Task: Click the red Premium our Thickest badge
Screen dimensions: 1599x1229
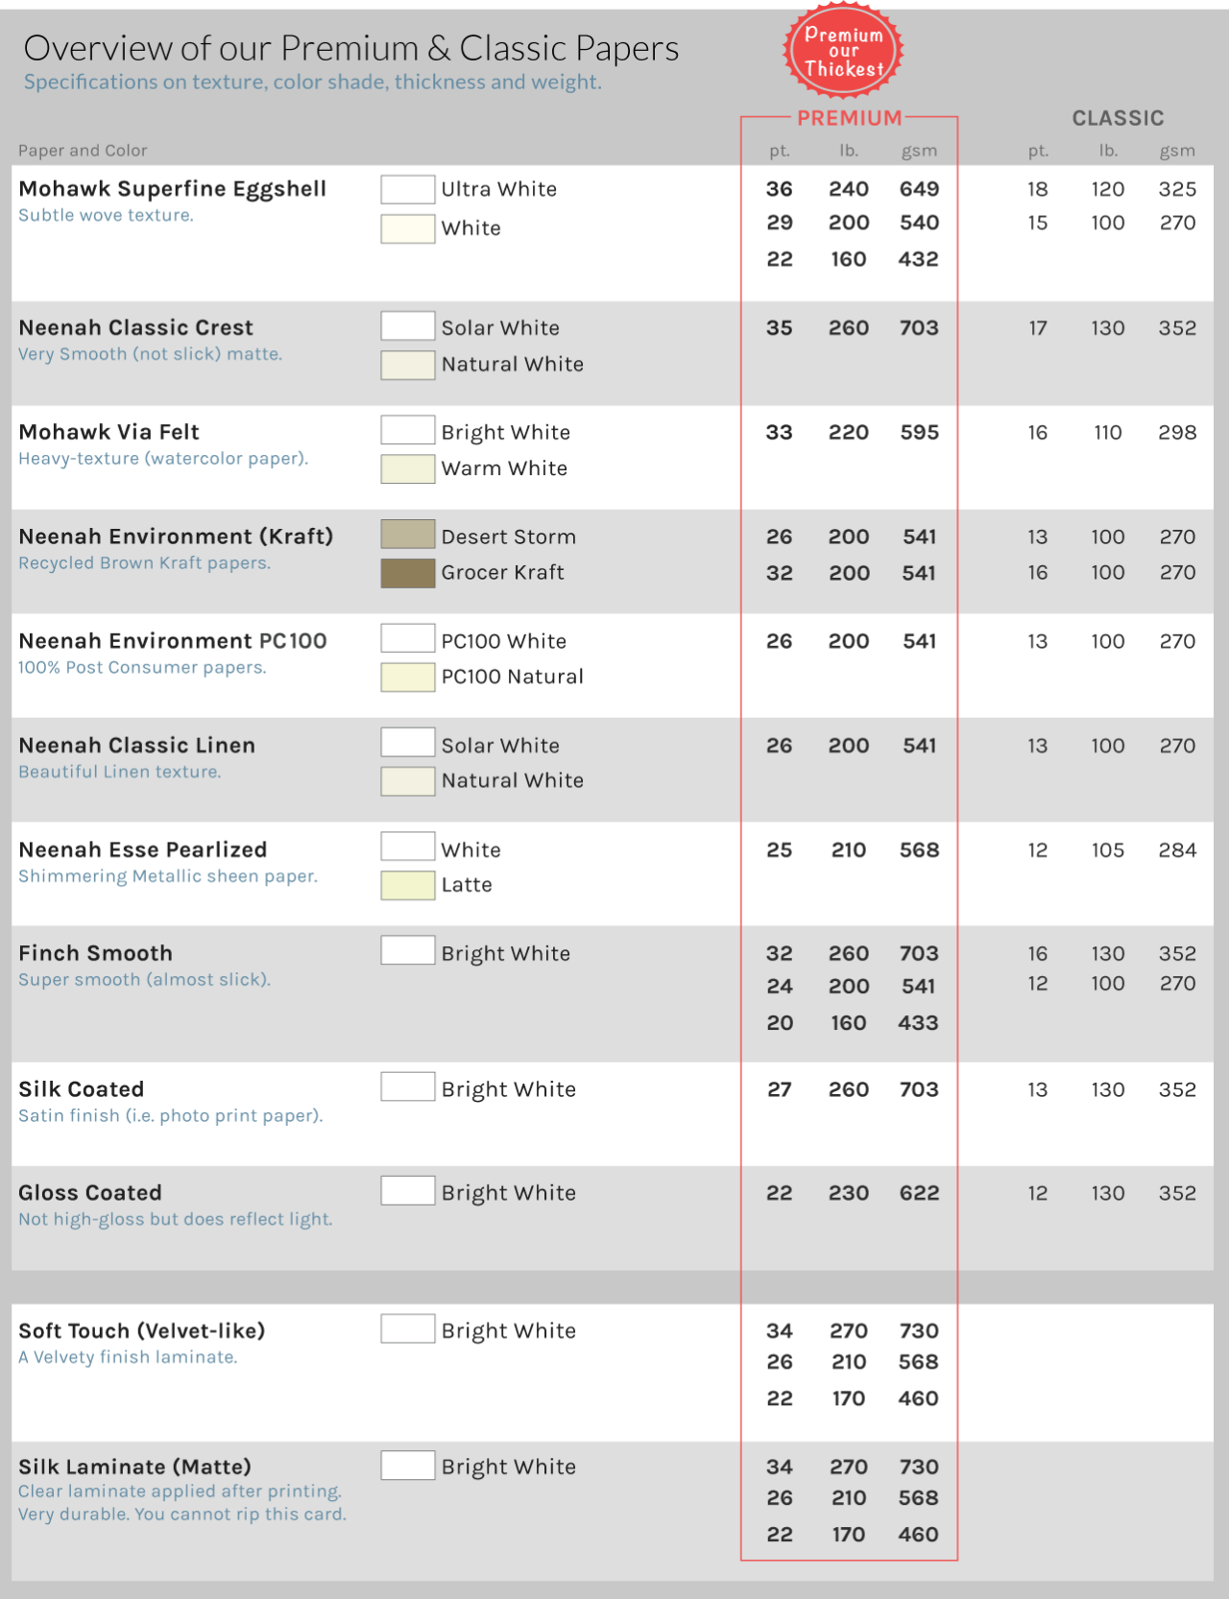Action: [x=843, y=52]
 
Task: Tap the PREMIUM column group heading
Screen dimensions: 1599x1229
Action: [x=850, y=118]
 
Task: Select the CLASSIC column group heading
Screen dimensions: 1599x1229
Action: [x=1118, y=118]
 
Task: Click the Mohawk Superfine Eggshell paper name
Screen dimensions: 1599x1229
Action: [x=173, y=189]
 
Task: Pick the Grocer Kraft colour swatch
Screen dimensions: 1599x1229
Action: [x=408, y=573]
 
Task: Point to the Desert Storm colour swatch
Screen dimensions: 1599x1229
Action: [x=408, y=534]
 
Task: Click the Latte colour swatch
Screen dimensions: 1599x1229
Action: [x=408, y=885]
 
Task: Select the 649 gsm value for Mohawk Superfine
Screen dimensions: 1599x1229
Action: [x=919, y=189]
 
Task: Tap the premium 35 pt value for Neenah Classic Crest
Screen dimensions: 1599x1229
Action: [x=779, y=328]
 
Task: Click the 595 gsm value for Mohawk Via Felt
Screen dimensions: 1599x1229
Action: [x=919, y=433]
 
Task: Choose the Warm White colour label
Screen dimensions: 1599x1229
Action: [x=504, y=468]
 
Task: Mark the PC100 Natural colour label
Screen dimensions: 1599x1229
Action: [x=512, y=677]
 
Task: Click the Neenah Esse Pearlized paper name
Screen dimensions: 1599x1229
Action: [x=143, y=849]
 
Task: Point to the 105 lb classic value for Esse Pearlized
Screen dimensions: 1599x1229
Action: [x=1107, y=850]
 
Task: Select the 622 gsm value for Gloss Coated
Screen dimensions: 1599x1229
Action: [x=919, y=1193]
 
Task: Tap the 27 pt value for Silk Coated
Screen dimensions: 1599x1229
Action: [x=779, y=1089]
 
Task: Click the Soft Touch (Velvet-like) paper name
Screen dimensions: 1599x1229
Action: [x=142, y=1331]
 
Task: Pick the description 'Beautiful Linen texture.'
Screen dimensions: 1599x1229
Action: [x=120, y=772]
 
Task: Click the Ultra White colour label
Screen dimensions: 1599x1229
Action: [x=498, y=189]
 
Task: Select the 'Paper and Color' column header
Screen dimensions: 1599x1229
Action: [x=83, y=151]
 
